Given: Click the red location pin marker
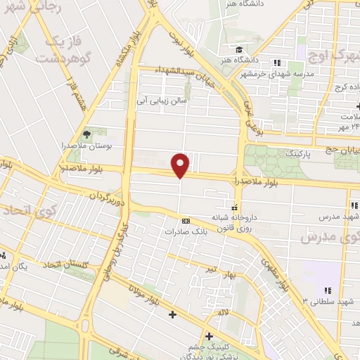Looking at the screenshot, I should coord(181,166).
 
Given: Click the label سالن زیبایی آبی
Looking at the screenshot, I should coord(163,101).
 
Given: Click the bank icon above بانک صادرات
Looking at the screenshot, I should coord(185,219).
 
